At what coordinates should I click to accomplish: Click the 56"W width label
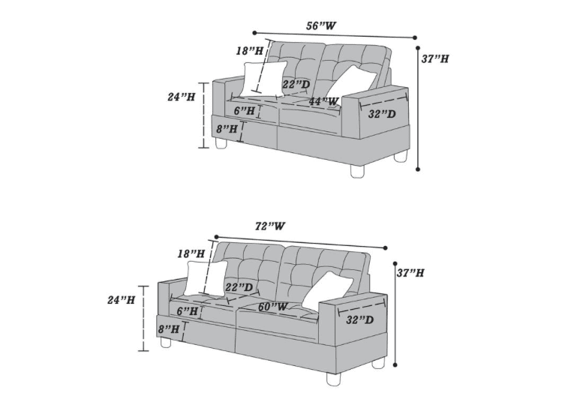point(320,25)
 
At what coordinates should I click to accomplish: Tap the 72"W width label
point(270,226)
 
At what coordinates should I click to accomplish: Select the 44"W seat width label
point(323,101)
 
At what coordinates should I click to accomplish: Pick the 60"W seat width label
point(272,307)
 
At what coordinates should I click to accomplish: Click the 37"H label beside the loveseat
point(435,58)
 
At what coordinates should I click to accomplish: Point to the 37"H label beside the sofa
point(410,274)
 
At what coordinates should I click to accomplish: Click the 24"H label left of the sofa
point(121,300)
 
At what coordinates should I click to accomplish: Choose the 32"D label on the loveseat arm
point(382,115)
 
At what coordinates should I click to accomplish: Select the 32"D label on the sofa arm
point(360,320)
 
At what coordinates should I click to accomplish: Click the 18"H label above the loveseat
point(249,51)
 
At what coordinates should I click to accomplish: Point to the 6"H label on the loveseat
point(245,111)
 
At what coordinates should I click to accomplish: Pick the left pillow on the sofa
point(206,278)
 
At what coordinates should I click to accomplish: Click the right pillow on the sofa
point(327,289)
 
